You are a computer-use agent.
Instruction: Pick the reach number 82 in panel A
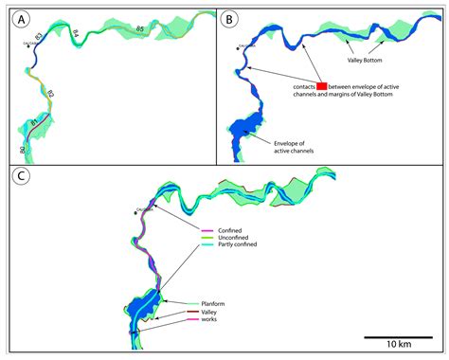point(50,94)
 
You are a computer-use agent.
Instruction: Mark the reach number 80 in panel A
point(22,150)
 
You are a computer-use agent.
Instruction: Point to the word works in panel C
point(209,321)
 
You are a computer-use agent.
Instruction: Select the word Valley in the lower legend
point(209,312)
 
